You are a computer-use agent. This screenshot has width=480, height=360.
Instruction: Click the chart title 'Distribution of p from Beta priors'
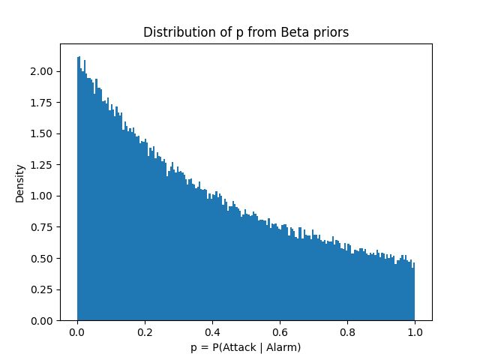pos(245,33)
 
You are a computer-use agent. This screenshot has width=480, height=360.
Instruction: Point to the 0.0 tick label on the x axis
pos(77,332)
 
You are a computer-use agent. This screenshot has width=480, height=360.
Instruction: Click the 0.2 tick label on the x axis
pos(145,332)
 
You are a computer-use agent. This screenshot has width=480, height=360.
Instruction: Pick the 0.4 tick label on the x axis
pos(212,332)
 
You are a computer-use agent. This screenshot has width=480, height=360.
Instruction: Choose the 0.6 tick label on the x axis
pos(280,332)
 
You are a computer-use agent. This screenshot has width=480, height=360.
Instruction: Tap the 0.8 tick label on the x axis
pos(347,332)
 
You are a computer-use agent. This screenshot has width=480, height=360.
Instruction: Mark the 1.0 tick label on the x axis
pos(415,332)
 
